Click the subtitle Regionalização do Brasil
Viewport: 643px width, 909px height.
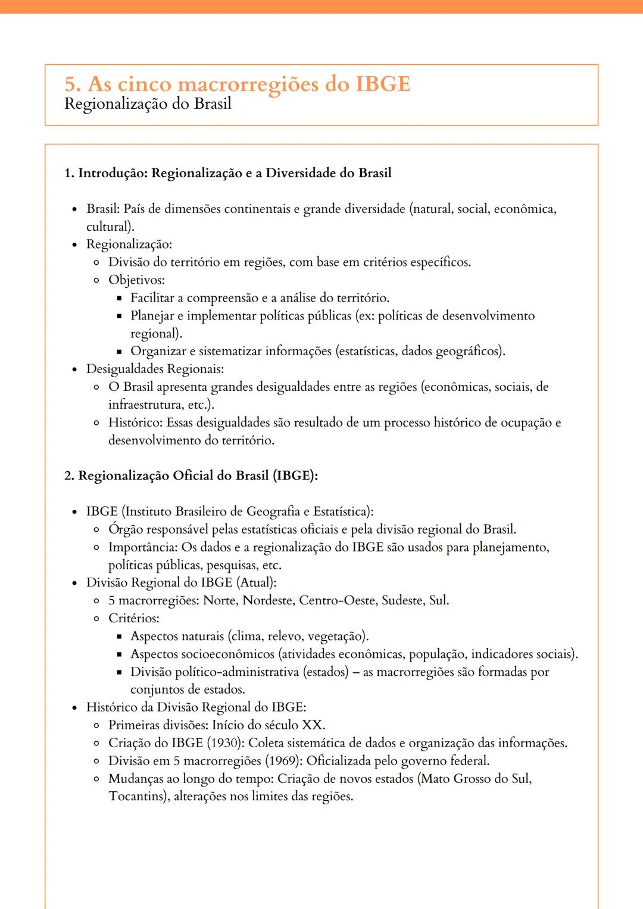click(x=148, y=104)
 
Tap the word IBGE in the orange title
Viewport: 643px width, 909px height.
click(x=383, y=84)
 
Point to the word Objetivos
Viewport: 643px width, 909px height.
click(x=136, y=280)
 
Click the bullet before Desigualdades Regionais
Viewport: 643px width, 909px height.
click(x=74, y=369)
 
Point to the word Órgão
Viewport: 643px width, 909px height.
click(x=126, y=529)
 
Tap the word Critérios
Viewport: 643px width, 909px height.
click(x=133, y=618)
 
